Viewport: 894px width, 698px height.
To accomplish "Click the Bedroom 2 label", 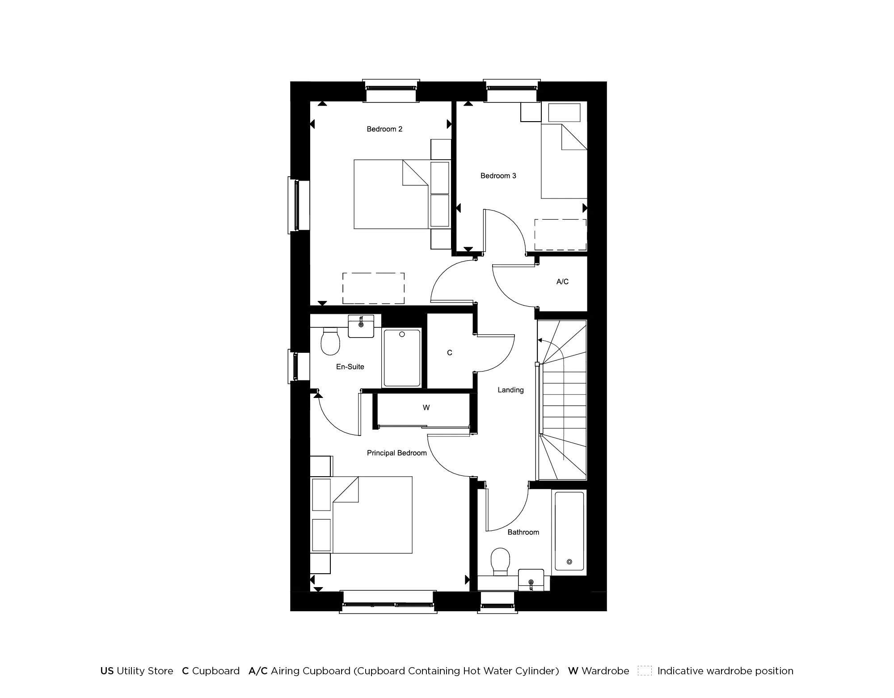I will (384, 129).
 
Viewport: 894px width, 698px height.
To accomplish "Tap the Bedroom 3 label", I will (498, 176).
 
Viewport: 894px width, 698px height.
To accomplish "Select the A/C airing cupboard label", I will (562, 282).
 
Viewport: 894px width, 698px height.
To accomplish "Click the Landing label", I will (510, 390).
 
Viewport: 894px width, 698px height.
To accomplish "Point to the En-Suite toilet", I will (330, 341).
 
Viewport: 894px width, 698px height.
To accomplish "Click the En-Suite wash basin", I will (361, 326).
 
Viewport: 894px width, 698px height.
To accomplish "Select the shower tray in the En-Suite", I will (402, 358).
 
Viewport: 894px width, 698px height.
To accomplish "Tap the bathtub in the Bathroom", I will (569, 531).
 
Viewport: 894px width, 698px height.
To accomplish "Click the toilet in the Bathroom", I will (500, 561).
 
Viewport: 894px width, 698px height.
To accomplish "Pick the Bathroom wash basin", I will (531, 580).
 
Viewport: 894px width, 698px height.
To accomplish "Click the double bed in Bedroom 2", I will (391, 195).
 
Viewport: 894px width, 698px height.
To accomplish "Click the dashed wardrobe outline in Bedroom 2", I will (373, 288).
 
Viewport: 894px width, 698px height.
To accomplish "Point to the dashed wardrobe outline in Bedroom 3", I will (561, 235).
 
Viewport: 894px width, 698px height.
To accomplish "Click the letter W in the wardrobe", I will (426, 408).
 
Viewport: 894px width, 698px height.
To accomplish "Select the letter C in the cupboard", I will (450, 353).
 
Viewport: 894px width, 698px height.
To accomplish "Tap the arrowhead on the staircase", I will (540, 341).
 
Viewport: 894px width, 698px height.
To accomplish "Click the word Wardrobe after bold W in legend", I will (605, 671).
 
